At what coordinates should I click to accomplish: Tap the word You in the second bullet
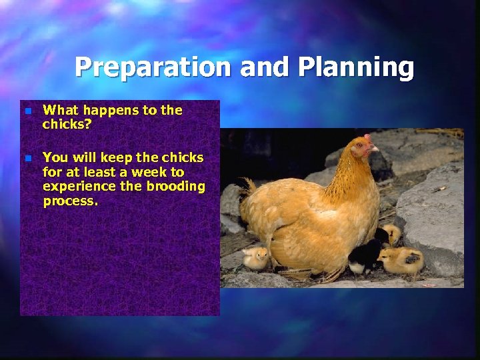pos(55,158)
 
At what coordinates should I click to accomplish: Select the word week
pos(151,172)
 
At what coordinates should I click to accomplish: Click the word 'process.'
pos(70,201)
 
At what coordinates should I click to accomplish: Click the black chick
pos(364,256)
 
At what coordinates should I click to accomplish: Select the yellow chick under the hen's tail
pos(255,257)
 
